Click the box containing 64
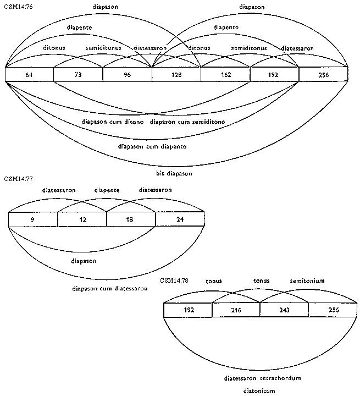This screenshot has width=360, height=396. [x=29, y=74]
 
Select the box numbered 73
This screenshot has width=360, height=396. [x=78, y=74]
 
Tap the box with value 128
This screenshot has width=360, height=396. [x=176, y=74]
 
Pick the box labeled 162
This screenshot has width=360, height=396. [x=225, y=74]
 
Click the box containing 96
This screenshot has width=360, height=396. [x=127, y=74]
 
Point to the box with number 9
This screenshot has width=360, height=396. [x=32, y=219]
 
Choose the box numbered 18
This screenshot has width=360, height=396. [x=130, y=219]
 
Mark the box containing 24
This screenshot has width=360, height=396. [x=179, y=219]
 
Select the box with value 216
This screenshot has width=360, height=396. [x=236, y=310]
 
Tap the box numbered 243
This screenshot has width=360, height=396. [x=284, y=310]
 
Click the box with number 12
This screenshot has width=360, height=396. [x=81, y=219]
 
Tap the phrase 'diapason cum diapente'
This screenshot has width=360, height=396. [x=152, y=147]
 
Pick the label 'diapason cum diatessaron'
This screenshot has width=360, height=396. [x=110, y=288]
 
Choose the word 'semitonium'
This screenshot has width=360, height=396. [x=307, y=281]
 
